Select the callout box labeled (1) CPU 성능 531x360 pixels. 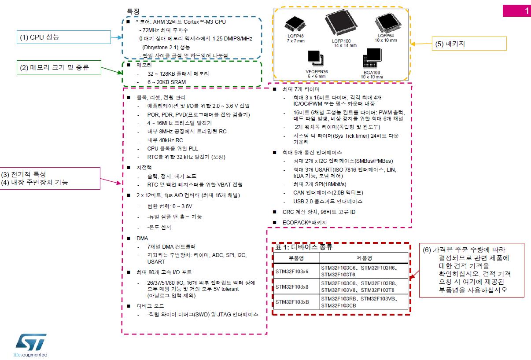tap(64, 37)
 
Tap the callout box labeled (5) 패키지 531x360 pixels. tap(469, 44)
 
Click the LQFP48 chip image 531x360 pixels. tap(295, 23)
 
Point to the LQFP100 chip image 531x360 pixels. tap(341, 23)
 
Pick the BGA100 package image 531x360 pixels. tap(372, 58)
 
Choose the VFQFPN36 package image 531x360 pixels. tap(316, 58)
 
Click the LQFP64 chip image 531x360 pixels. tap(388, 23)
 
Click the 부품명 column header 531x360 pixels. tap(296, 258)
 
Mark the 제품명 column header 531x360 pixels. tap(365, 258)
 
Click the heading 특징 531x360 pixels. tap(133, 11)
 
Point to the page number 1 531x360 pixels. tap(527, 11)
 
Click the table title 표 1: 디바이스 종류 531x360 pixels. tap(304, 247)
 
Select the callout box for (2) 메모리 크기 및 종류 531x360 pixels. tap(59, 67)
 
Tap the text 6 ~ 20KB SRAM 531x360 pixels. tap(166, 82)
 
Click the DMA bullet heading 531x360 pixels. tap(142, 239)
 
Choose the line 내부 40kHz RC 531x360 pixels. tap(165, 140)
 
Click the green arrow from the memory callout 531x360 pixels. tap(112, 70)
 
